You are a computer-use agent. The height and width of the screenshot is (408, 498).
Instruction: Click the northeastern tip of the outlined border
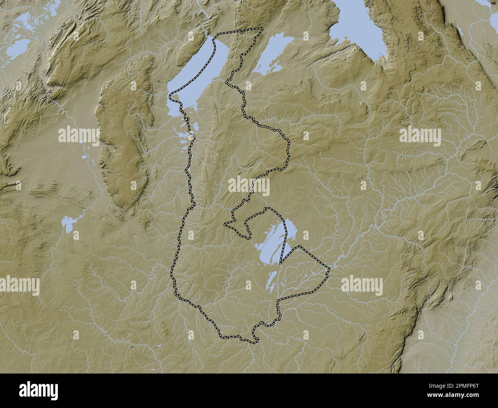point(262,28)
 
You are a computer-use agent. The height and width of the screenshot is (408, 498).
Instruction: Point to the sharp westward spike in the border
point(225,223)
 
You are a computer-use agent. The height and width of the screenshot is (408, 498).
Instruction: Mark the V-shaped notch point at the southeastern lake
point(280,263)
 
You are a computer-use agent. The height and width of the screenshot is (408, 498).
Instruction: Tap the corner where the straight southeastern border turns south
point(277,299)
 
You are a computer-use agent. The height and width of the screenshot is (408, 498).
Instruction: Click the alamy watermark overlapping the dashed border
point(249,186)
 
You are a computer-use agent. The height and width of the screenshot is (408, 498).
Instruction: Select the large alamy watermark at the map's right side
point(420,136)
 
